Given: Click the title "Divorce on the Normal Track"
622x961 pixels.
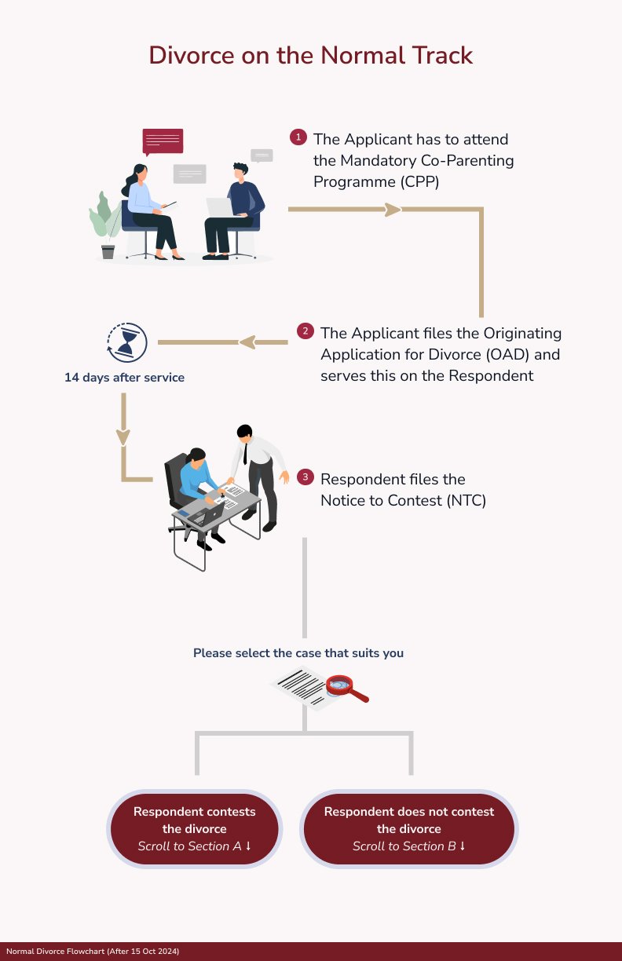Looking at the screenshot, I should coord(311,56).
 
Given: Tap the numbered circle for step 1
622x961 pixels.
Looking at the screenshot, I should coord(298,137).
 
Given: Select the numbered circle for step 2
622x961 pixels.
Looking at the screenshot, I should coord(306,331).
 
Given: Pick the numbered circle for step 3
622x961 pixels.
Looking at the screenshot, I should coord(306,477).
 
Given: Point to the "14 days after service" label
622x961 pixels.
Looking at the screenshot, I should coord(124,378).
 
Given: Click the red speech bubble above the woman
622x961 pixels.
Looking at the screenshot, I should coord(163,141).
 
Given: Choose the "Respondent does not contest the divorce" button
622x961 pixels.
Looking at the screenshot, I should coord(409,828).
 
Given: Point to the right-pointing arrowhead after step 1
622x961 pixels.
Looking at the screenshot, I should coord(392,210).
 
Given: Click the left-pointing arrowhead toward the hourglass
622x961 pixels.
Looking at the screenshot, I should coord(247,342).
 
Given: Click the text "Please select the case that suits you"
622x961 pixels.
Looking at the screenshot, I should coord(298,653).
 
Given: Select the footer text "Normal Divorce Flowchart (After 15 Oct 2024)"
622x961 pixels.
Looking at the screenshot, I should coord(93,952).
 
